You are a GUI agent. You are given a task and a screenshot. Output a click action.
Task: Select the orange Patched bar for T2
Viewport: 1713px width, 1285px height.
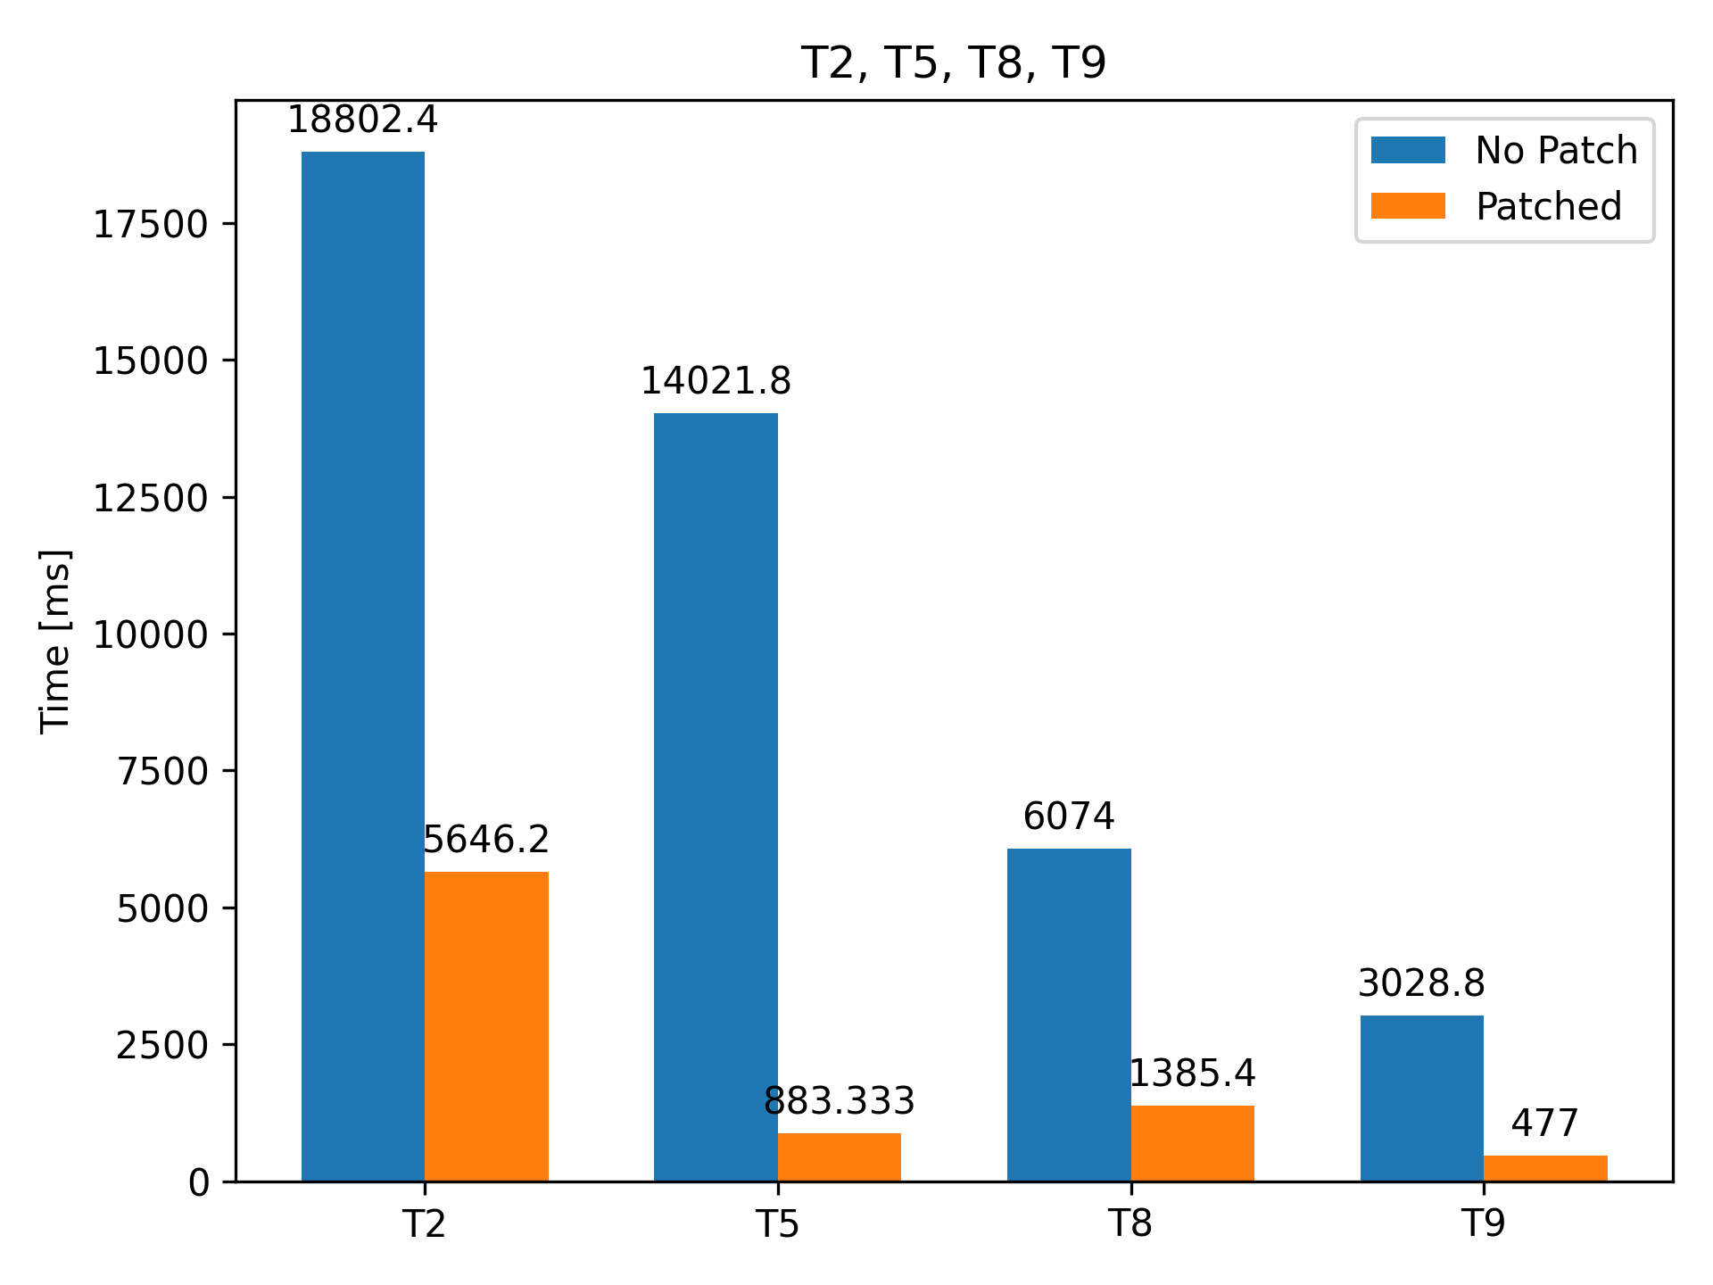[486, 1026]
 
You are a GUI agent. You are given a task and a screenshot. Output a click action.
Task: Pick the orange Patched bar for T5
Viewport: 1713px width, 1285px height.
[839, 1157]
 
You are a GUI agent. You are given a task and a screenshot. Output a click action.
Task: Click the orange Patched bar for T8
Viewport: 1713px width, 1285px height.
[1192, 1143]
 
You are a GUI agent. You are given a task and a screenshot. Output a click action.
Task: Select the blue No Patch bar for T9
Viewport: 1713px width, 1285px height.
[1421, 1098]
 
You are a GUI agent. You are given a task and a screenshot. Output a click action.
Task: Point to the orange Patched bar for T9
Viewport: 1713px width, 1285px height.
[1545, 1168]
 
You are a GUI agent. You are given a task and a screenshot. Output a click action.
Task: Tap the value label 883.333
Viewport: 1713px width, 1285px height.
[839, 1102]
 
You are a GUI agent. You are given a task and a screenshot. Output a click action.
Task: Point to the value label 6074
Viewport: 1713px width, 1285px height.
[1069, 817]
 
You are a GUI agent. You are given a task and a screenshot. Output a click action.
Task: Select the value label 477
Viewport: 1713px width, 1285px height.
[1545, 1123]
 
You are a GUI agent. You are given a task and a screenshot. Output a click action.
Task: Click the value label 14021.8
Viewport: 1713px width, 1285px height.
[716, 382]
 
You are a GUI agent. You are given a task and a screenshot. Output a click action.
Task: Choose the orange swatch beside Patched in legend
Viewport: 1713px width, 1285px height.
[1408, 206]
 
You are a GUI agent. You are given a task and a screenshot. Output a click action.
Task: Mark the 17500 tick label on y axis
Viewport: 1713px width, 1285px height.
[151, 224]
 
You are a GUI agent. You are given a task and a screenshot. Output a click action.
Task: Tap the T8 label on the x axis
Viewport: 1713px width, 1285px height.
[1130, 1223]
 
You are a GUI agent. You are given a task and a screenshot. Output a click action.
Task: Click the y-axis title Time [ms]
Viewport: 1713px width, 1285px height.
[55, 641]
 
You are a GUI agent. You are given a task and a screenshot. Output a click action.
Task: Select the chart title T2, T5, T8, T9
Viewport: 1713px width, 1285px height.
[954, 63]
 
